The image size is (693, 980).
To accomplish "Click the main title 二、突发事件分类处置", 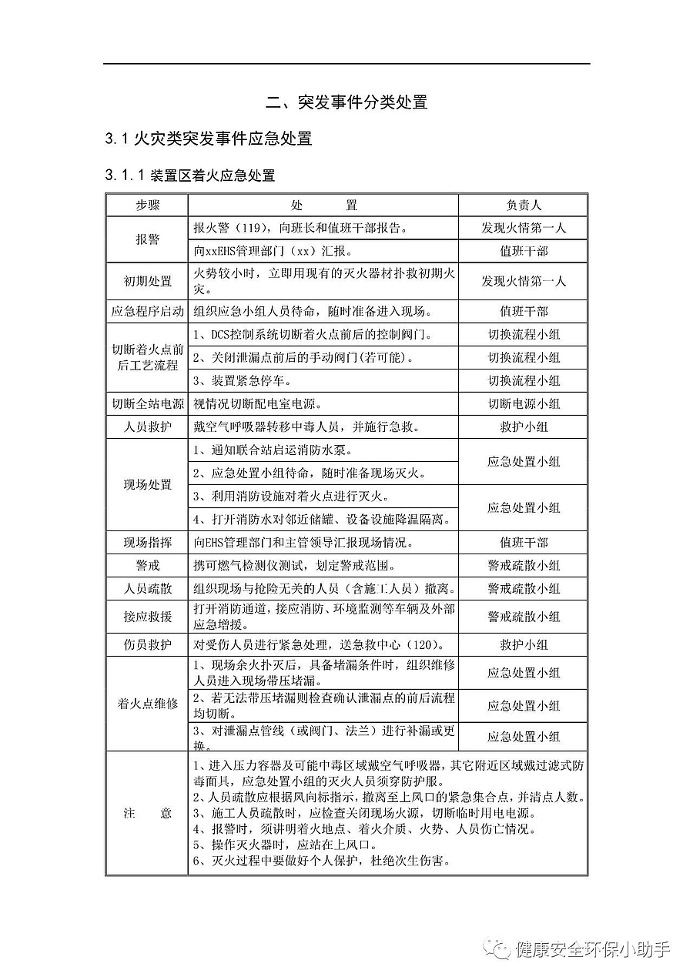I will pyautogui.click(x=346, y=102).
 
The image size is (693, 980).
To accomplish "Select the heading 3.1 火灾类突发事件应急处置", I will pyautogui.click(x=209, y=139).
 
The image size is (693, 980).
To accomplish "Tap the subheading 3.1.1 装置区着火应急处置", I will pyautogui.click(x=190, y=176).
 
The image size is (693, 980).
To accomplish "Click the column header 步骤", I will pyautogui.click(x=147, y=206).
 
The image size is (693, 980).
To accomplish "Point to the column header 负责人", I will pyautogui.click(x=523, y=206).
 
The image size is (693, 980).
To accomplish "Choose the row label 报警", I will pyautogui.click(x=147, y=239).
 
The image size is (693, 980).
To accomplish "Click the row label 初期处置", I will pyautogui.click(x=147, y=281).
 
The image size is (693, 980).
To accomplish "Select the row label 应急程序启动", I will pyautogui.click(x=147, y=311).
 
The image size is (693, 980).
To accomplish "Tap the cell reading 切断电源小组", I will pyautogui.click(x=523, y=403).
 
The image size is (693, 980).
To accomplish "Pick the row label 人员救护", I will pyautogui.click(x=147, y=426).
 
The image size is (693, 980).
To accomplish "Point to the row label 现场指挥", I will pyautogui.click(x=147, y=543).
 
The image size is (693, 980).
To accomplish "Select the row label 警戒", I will pyautogui.click(x=147, y=566).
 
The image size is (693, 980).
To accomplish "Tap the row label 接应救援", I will pyautogui.click(x=147, y=617).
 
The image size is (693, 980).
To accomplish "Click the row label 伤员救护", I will pyautogui.click(x=147, y=644).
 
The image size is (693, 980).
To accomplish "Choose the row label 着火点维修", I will pyautogui.click(x=147, y=704).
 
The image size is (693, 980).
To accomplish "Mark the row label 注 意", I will pyautogui.click(x=147, y=813).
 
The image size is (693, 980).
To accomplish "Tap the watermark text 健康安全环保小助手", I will pyautogui.click(x=593, y=949).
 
